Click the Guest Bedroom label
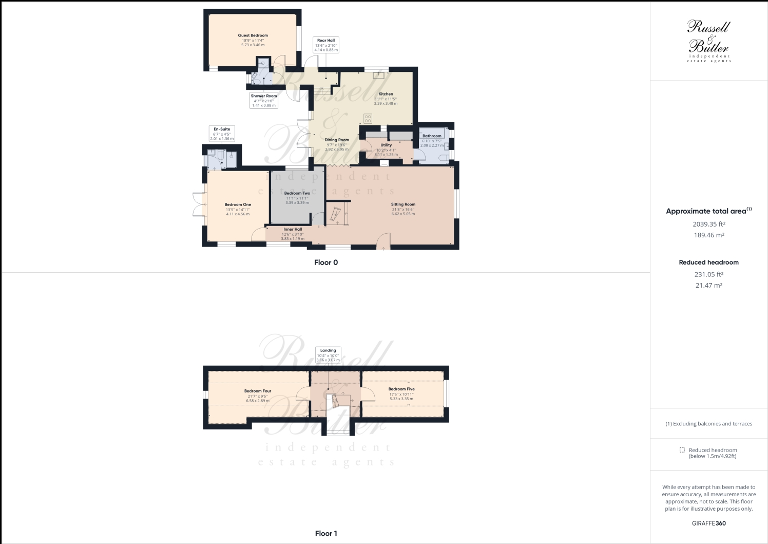pyautogui.click(x=253, y=35)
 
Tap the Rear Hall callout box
pyautogui.click(x=326, y=45)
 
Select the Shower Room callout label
pyautogui.click(x=264, y=100)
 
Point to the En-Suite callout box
pyautogui.click(x=222, y=134)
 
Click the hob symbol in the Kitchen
pyautogui.click(x=368, y=118)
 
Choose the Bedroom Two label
pyautogui.click(x=297, y=193)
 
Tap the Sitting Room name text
pyautogui.click(x=403, y=204)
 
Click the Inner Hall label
pyautogui.click(x=293, y=230)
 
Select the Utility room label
pyautogui.click(x=386, y=145)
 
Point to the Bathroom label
pyautogui.click(x=432, y=136)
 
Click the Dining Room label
pyautogui.click(x=337, y=140)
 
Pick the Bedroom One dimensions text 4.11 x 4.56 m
pyautogui.click(x=238, y=214)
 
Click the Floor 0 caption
pyautogui.click(x=326, y=262)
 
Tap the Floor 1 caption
pyautogui.click(x=326, y=533)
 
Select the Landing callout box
pyautogui.click(x=328, y=355)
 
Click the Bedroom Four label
pyautogui.click(x=258, y=391)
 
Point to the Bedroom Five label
pyautogui.click(x=401, y=389)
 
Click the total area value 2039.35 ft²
pyautogui.click(x=708, y=224)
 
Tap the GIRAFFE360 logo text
pyautogui.click(x=708, y=523)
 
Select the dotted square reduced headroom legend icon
pyautogui.click(x=682, y=450)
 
